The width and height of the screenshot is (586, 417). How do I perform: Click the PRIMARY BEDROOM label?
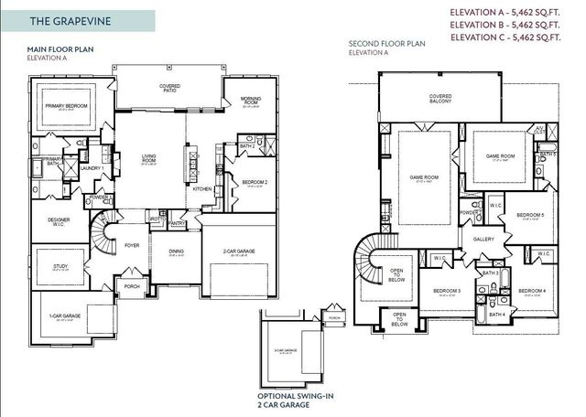pos(67,106)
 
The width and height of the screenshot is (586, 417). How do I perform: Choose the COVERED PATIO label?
pos(169,88)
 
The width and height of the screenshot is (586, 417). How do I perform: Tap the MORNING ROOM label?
pos(251,100)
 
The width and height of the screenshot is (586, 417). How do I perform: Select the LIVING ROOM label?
pos(148,159)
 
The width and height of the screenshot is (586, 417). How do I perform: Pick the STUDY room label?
pos(60,266)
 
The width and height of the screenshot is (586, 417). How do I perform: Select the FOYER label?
pos(132,245)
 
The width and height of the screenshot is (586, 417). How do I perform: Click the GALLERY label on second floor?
pos(483,239)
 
